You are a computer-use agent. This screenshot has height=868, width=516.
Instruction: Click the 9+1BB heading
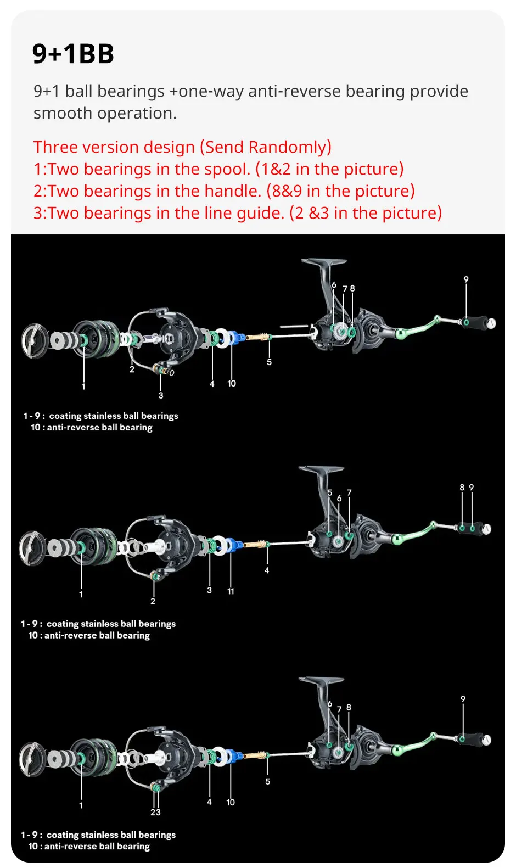coord(73,53)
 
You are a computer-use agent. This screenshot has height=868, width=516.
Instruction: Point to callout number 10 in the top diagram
coord(232,383)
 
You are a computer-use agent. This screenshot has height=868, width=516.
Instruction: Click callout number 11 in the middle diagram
coord(231,591)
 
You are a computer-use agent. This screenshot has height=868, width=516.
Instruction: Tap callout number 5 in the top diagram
coord(269,362)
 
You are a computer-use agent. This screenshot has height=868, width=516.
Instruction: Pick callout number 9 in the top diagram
coord(466,279)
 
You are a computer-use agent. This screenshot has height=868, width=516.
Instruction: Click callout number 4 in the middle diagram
coord(267,570)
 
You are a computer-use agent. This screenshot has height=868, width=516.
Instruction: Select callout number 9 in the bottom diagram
coord(463,699)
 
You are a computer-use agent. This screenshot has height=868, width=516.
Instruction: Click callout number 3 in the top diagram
coord(161,395)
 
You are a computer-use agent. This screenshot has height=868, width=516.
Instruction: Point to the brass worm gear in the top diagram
coord(256,337)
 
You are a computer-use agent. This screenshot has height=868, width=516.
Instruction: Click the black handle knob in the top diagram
coord(474,322)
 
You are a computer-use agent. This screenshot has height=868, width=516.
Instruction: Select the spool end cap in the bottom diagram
coord(32,759)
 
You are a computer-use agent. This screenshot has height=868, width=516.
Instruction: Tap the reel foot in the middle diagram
coord(322,471)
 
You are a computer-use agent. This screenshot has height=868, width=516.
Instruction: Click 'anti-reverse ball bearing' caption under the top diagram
coord(99,428)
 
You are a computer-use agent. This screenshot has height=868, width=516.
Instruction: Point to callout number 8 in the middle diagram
coord(462,487)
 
